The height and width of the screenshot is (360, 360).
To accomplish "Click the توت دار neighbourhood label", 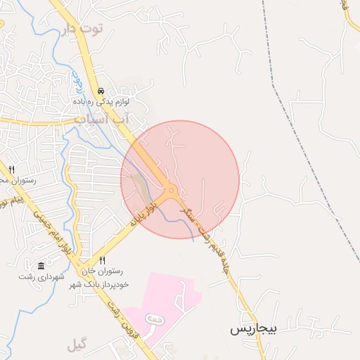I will tap(82, 29).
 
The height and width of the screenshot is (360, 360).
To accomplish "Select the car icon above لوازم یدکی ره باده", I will tap(102, 91).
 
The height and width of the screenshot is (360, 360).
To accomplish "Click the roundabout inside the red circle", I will tap(171, 190).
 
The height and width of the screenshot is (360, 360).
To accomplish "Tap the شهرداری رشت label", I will tap(39, 276).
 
